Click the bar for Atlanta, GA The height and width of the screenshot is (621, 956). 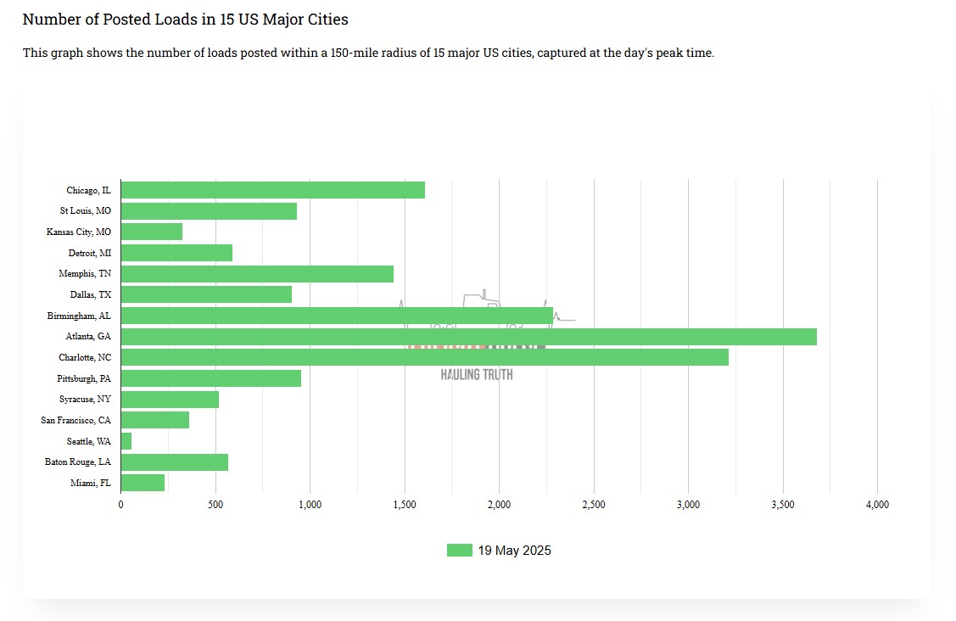[x=468, y=337]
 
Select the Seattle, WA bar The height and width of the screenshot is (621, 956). [x=126, y=441]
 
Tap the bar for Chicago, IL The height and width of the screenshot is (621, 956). [x=272, y=190]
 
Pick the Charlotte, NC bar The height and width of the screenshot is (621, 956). [x=424, y=357]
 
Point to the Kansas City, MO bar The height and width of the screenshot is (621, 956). [x=152, y=232]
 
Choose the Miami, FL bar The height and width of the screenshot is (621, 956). [x=143, y=483]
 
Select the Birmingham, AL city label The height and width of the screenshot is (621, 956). [x=79, y=316]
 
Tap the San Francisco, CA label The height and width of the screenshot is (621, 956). [x=75, y=420]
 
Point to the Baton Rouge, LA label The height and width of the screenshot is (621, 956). [x=77, y=462]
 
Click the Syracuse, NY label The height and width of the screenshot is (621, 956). [x=85, y=399]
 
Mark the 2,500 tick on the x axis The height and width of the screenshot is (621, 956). [x=594, y=505]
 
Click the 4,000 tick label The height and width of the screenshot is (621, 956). [x=877, y=505]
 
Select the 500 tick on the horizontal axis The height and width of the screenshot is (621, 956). [x=215, y=505]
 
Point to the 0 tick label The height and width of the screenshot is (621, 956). [x=120, y=505]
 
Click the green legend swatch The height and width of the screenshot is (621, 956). [x=459, y=551]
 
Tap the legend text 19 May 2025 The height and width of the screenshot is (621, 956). [x=514, y=551]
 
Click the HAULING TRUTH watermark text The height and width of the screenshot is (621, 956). [x=477, y=374]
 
